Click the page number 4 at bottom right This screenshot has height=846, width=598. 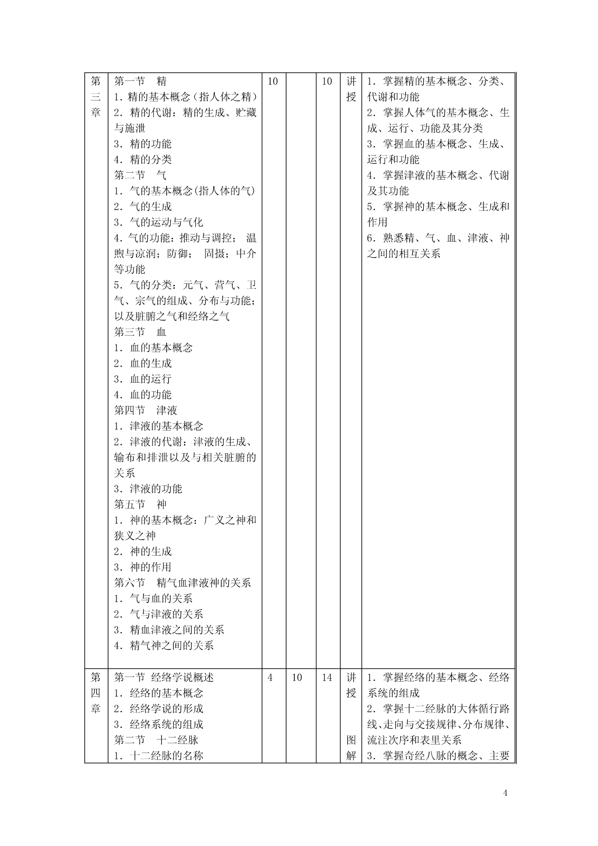coord(505,793)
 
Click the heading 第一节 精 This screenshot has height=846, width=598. coord(140,81)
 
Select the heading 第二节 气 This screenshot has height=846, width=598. coord(140,175)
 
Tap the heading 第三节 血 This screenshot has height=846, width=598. coord(140,332)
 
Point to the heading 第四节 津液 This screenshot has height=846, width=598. coord(146,410)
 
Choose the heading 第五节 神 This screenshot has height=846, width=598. coord(140,504)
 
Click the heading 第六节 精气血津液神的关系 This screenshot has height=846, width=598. coord(182,583)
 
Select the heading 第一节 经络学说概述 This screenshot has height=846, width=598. coord(164,677)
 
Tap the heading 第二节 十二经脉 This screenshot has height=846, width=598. coord(156,740)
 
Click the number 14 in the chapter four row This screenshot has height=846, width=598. coord(327,678)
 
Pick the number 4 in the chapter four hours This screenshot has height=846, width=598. coord(271,678)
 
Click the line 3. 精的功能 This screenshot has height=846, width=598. coord(143,144)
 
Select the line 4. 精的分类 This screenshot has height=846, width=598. coord(143,160)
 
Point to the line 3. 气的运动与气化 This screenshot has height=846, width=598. coord(158,223)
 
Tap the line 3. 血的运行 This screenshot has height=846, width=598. coord(143,379)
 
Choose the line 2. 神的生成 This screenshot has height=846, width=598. coord(143,552)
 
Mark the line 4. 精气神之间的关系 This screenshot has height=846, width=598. coord(164,646)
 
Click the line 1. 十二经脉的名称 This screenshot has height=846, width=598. coord(158,756)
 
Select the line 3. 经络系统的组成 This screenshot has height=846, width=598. coord(158,724)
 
